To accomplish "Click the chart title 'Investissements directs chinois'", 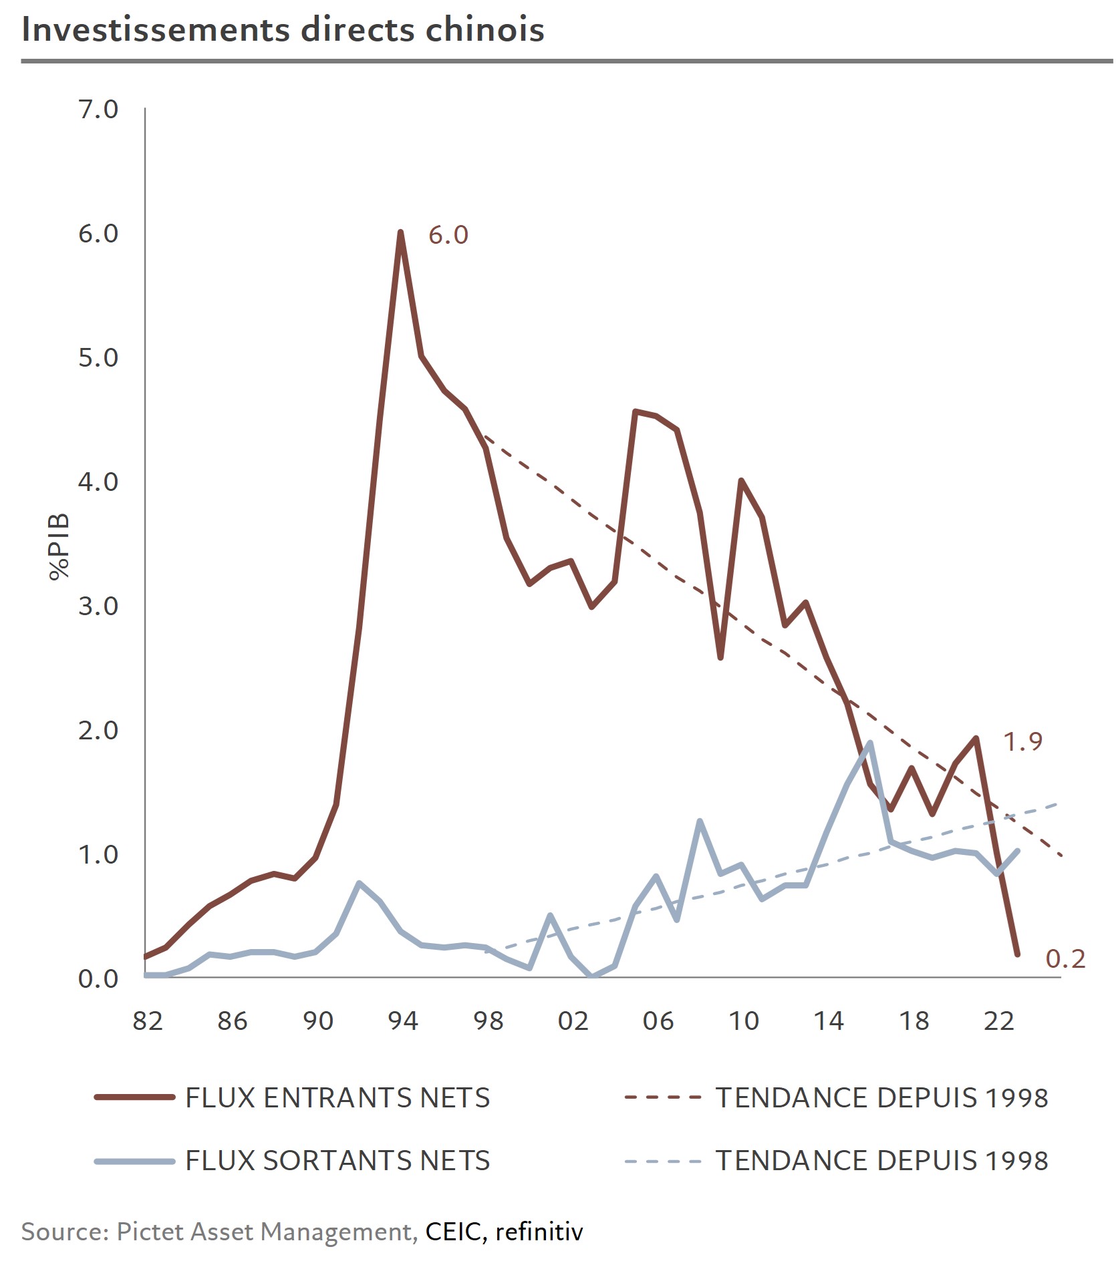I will tap(283, 30).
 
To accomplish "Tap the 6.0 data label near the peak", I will tap(448, 235).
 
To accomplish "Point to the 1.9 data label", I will tap(1022, 741).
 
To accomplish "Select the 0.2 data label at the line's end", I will tap(1065, 959).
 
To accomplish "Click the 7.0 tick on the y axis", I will tap(98, 110).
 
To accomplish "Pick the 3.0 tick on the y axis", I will tap(98, 606).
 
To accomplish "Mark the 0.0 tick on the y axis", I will tap(98, 979).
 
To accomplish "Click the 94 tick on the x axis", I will tap(403, 1021).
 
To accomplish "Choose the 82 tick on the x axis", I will tap(148, 1021).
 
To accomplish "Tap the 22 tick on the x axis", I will tap(999, 1021).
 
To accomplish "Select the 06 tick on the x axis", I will tap(658, 1021).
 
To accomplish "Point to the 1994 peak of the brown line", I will tap(400, 232).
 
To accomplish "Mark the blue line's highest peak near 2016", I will tap(869, 743).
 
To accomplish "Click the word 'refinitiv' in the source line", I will tap(539, 1232).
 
